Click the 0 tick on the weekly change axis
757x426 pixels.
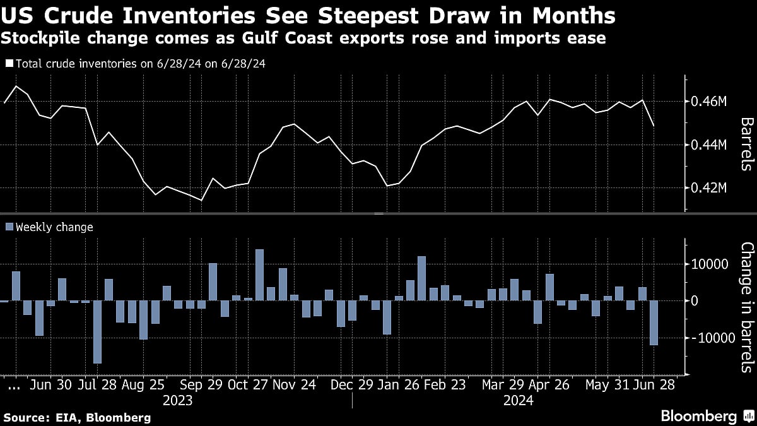point(695,301)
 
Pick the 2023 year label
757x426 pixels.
point(177,401)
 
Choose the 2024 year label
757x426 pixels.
point(519,401)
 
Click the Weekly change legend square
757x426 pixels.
point(8,227)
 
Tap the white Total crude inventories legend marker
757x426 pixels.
point(8,64)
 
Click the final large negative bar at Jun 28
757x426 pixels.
point(654,322)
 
